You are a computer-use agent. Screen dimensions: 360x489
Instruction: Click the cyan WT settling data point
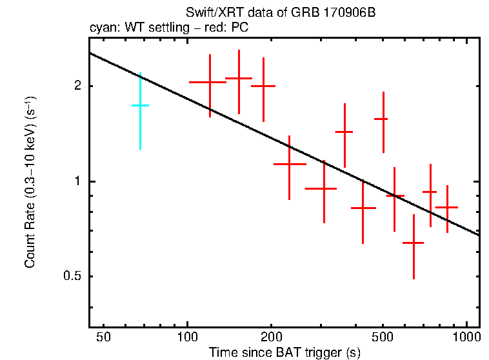pyautogui.click(x=140, y=105)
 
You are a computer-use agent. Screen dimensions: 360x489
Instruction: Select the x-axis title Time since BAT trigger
pyautogui.click(x=284, y=353)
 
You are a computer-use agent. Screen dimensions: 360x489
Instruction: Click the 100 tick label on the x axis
pyautogui.click(x=187, y=337)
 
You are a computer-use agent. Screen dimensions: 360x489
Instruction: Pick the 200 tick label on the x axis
pyautogui.click(x=271, y=337)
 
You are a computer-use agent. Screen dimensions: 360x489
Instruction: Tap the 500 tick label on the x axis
pyautogui.click(x=383, y=337)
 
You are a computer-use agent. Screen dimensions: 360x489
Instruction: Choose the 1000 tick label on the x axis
pyautogui.click(x=466, y=337)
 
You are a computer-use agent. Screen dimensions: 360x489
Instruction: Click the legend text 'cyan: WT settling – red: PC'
pyautogui.click(x=168, y=28)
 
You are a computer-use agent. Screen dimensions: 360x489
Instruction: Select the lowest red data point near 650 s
pyautogui.click(x=413, y=243)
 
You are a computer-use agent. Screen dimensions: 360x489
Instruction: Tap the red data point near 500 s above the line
pyautogui.click(x=383, y=119)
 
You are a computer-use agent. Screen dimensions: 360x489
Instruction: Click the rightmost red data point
pyautogui.click(x=447, y=207)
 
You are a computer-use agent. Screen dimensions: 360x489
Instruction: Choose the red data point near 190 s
pyautogui.click(x=263, y=85)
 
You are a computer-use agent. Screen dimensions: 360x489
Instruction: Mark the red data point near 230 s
pyautogui.click(x=289, y=165)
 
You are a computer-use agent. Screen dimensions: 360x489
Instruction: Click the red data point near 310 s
pyautogui.click(x=323, y=188)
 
